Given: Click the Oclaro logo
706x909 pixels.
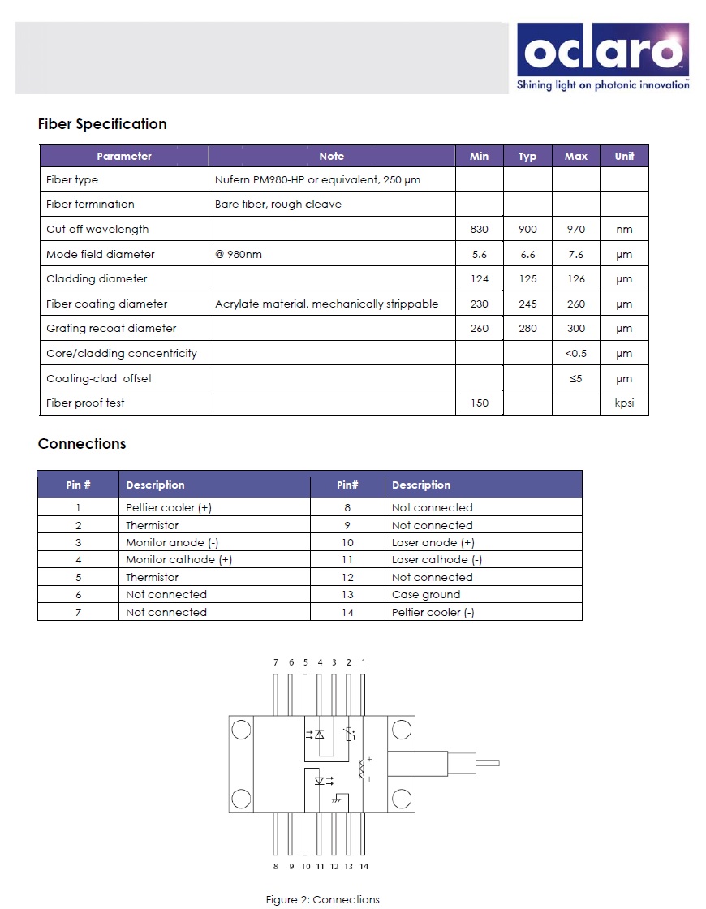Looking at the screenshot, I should point(602,57).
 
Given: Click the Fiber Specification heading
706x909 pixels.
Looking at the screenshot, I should point(102,124).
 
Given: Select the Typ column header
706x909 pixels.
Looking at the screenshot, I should point(527,157).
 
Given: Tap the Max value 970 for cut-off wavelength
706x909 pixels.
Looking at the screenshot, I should point(575,230).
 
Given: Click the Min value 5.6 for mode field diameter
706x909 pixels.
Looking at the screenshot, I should point(480,255).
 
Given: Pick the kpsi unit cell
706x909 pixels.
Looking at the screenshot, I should point(624,403).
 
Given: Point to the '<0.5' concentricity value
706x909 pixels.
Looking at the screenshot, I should point(575,354).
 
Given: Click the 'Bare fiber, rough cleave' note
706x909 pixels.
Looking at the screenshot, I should point(278,205).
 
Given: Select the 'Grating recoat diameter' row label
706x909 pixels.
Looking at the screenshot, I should point(111,329).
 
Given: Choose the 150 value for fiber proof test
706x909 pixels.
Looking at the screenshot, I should point(480,403).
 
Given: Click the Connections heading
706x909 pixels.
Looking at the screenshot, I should point(82,444).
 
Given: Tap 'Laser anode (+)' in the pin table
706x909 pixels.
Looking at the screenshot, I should point(433,543).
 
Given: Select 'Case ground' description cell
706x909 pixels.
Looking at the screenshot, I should point(426,595).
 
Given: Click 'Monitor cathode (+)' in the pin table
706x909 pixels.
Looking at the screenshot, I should point(179,560).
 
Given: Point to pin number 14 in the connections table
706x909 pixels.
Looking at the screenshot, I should point(347,613).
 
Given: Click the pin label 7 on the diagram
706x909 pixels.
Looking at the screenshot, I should point(276,662).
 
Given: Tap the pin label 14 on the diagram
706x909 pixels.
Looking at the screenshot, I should point(364,866).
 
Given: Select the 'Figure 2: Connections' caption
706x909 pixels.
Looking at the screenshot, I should point(323,899).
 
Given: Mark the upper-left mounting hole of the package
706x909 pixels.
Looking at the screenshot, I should point(241,730).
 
